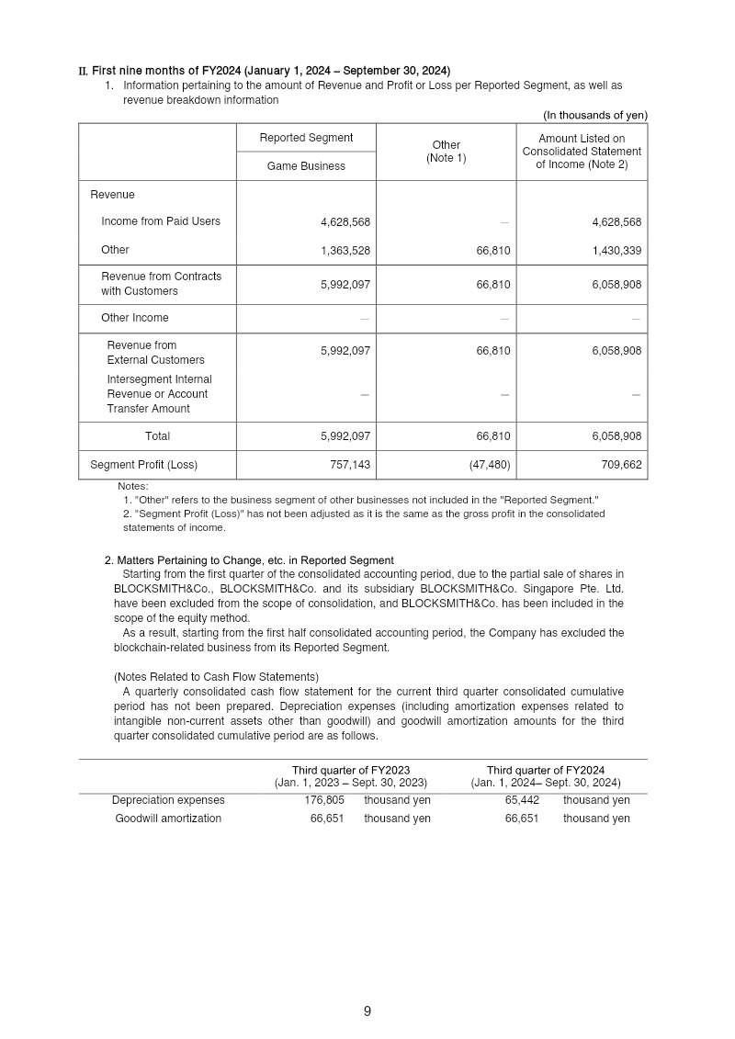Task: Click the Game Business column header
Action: [306, 166]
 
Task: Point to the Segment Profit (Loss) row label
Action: [143, 465]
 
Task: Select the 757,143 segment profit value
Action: [350, 465]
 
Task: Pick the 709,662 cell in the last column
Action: [621, 465]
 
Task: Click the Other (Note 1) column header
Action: [446, 152]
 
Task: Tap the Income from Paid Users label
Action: [161, 221]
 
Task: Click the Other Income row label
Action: [135, 318]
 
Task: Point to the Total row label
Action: [157, 436]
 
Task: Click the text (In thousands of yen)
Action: [594, 115]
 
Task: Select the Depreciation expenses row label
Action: [168, 800]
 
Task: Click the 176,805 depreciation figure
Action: [323, 800]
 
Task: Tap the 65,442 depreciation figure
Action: [522, 800]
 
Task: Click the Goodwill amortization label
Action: [168, 819]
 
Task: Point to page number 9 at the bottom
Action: [367, 1011]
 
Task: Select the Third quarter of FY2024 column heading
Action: [545, 770]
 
